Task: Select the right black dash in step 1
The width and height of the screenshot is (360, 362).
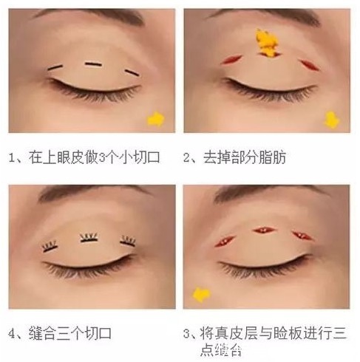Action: (131, 71)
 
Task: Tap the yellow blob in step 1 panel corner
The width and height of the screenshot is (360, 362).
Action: (156, 118)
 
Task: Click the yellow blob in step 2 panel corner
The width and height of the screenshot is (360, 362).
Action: (333, 119)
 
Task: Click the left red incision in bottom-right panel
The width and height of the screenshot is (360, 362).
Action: (224, 240)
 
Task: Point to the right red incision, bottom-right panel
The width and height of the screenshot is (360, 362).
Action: (300, 236)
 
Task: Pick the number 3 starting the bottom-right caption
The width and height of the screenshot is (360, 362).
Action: (189, 332)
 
